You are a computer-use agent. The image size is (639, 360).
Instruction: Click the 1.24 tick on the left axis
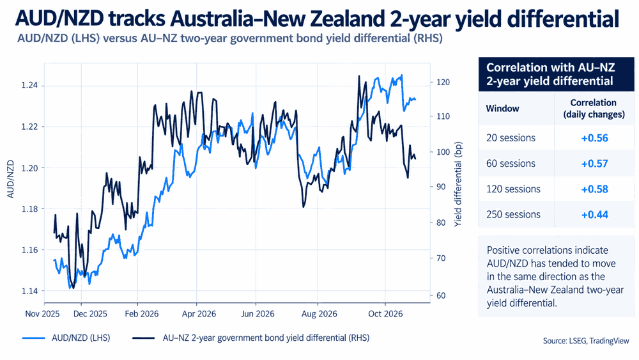pos(29,86)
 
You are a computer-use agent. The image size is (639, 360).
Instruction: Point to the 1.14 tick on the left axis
pos(29,291)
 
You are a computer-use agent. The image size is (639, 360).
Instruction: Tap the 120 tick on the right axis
pos(443,82)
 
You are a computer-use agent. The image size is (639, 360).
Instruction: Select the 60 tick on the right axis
pos(441,295)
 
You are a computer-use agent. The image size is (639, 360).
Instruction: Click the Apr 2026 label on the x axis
pos(199,314)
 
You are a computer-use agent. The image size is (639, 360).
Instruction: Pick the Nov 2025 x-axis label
pos(42,314)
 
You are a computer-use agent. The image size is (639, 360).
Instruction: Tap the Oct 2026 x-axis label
pos(385,314)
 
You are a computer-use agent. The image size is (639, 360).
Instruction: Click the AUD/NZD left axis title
pos(11,180)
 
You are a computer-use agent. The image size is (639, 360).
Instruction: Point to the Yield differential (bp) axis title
pos(458,184)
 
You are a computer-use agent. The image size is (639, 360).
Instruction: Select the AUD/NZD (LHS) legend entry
pos(66,338)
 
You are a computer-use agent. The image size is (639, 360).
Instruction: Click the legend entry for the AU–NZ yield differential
pos(251,338)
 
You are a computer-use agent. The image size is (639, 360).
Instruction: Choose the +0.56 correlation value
pos(594,138)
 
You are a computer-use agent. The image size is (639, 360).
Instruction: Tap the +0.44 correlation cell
pos(594,215)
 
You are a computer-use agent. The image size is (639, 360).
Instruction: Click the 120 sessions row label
pos(514,189)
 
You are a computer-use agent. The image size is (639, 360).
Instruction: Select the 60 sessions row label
pos(511,164)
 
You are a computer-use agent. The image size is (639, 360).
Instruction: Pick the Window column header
pos(502,109)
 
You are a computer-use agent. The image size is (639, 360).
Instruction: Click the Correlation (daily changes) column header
pos(594,109)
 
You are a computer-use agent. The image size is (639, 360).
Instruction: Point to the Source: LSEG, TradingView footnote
pos(586,341)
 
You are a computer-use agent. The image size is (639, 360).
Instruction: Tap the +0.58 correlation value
pos(594,189)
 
